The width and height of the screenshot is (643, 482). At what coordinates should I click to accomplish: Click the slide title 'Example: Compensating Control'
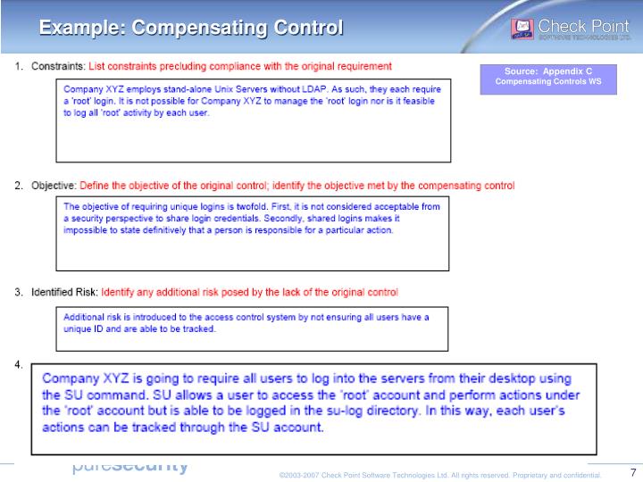coord(190,29)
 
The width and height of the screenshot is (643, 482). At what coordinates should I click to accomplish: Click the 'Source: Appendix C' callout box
coord(547,76)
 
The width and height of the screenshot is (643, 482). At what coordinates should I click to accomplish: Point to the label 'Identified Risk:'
coord(65,292)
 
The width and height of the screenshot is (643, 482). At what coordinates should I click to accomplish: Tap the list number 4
coord(19,364)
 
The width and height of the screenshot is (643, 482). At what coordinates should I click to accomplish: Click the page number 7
coord(632,472)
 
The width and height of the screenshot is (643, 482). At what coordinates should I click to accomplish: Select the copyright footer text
coord(440,475)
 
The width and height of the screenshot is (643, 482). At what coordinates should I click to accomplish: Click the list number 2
coord(19,186)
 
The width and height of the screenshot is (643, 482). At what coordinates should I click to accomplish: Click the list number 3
coord(19,292)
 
